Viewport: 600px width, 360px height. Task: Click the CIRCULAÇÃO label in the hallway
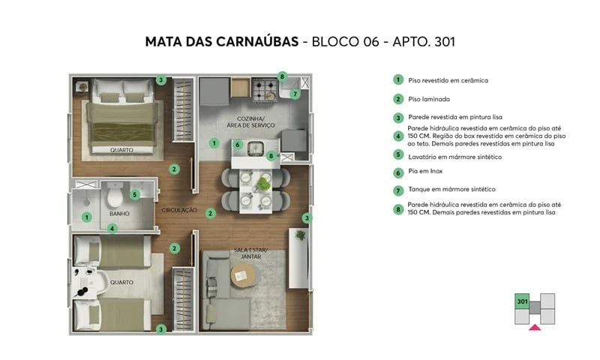click(x=178, y=210)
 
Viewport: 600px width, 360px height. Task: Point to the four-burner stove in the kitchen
click(x=263, y=91)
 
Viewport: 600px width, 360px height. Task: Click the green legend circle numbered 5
click(x=398, y=155)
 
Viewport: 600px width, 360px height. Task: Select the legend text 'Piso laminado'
click(x=429, y=99)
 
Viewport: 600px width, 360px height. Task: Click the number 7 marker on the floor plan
click(x=295, y=94)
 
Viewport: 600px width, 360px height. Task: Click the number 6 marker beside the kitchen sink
click(x=237, y=145)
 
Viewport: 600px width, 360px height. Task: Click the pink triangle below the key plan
click(x=534, y=327)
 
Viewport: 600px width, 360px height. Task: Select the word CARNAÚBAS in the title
click(x=250, y=42)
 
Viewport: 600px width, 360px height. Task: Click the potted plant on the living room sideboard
click(x=301, y=235)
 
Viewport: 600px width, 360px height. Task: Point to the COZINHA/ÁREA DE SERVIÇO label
click(x=250, y=123)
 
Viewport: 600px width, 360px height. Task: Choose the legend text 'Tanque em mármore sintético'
click(x=451, y=189)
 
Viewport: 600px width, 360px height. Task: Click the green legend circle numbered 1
click(x=398, y=79)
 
